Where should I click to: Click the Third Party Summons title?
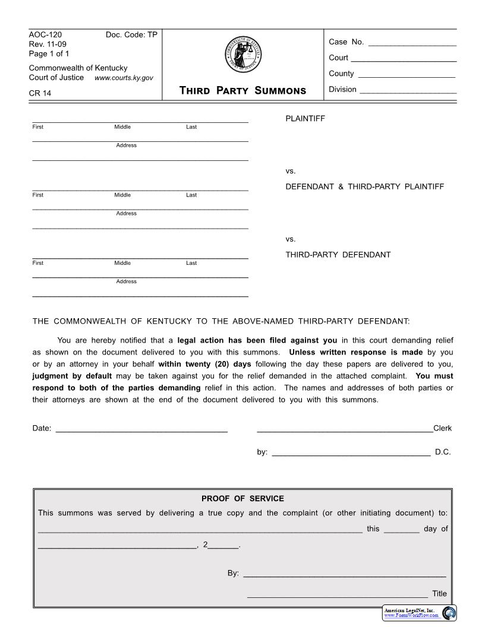[x=242, y=90]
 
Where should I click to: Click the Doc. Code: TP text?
[x=131, y=35]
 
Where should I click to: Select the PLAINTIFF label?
[x=306, y=119]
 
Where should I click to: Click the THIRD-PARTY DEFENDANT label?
[x=338, y=255]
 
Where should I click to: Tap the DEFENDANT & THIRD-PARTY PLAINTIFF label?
[x=364, y=186]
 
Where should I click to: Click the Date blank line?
[x=141, y=429]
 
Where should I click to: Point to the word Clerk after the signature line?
[x=443, y=428]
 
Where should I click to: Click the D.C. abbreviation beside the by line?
[x=443, y=452]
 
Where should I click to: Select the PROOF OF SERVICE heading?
[x=242, y=498]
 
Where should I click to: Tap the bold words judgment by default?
[x=72, y=376]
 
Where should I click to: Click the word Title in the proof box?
[x=439, y=593]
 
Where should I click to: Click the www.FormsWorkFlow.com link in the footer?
[x=411, y=615]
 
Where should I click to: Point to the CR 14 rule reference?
[x=40, y=93]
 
